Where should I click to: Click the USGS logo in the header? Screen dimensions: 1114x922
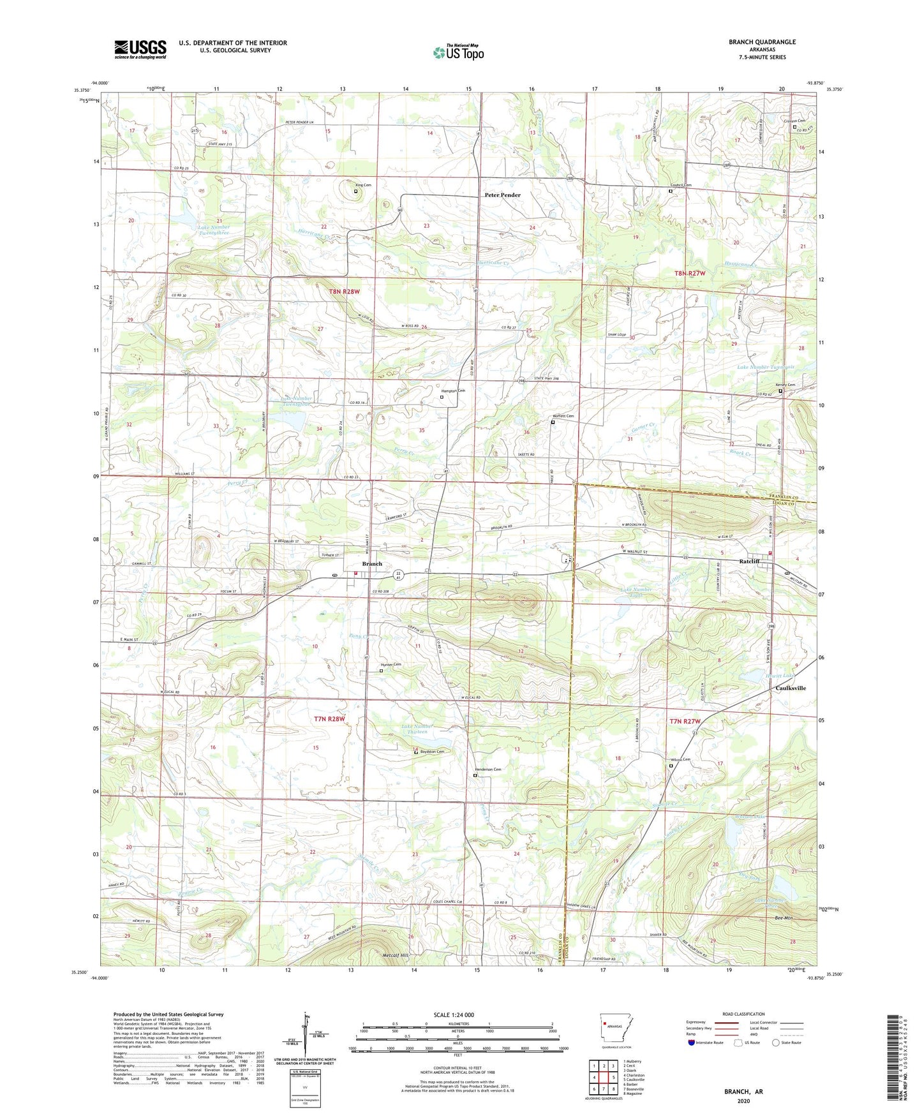click(140, 48)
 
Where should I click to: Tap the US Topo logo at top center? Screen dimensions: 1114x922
click(458, 52)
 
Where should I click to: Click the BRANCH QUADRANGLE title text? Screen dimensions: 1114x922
click(762, 42)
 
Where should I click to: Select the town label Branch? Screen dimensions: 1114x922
click(372, 564)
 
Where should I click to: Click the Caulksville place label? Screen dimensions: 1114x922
click(790, 688)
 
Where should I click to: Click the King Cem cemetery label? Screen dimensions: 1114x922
click(363, 185)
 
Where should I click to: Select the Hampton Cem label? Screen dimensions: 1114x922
click(453, 390)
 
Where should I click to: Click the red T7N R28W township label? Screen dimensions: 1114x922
click(329, 719)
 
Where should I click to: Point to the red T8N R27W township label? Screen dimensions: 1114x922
click(690, 273)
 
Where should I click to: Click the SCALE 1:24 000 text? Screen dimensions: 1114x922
click(454, 1014)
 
